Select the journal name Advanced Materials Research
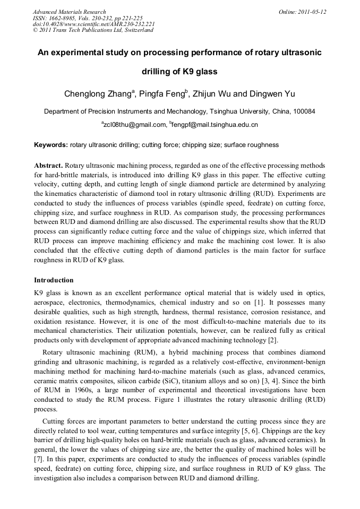tap(69, 12)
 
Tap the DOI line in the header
tap(93, 24)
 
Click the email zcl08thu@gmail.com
tap(134, 125)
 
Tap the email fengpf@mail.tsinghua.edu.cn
tap(215, 125)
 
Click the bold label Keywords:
tap(51, 145)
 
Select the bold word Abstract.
tap(48, 166)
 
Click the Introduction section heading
tap(54, 280)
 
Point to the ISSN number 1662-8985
tap(58, 18)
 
